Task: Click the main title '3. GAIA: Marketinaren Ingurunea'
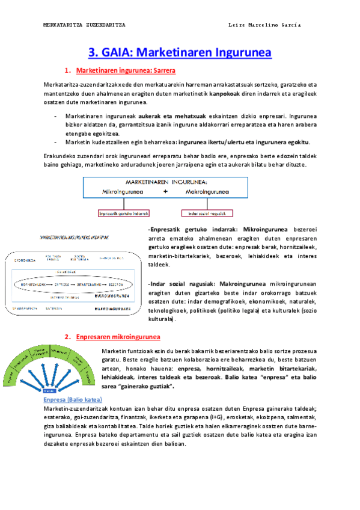180,52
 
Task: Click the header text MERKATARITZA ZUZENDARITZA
85,25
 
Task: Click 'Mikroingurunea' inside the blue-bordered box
123,192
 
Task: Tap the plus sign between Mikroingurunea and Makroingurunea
165,192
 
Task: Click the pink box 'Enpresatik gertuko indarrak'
124,213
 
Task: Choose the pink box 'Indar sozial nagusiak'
206,213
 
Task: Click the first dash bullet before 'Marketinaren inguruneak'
56,114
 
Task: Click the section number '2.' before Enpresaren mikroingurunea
69,337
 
